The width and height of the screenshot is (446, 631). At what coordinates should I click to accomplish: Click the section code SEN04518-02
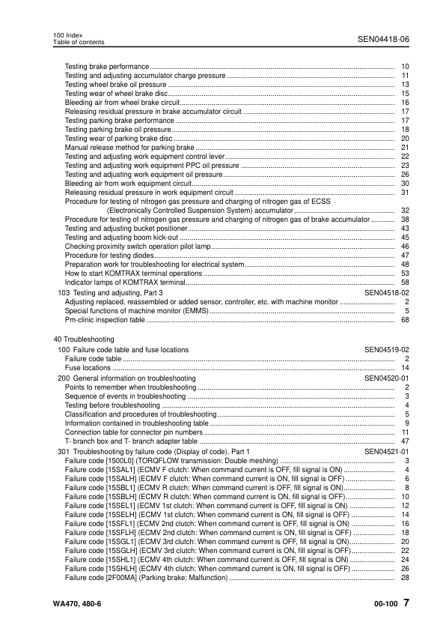386,292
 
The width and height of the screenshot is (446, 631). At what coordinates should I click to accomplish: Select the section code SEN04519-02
386,350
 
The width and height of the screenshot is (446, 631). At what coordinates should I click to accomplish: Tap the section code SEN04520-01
386,378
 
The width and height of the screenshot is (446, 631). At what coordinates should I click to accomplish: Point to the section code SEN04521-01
386,452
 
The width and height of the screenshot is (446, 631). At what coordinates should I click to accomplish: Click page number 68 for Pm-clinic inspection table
405,319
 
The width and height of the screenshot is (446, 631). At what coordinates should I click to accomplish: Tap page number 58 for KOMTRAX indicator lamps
405,283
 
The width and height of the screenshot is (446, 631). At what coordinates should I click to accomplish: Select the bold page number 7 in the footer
405,603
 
